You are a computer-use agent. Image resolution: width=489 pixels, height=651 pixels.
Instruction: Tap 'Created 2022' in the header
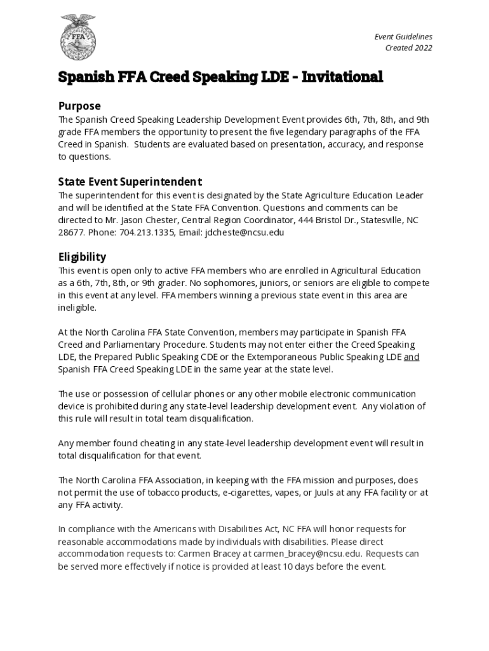(x=408, y=48)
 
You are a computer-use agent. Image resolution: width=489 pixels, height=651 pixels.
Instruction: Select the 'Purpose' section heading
(x=79, y=106)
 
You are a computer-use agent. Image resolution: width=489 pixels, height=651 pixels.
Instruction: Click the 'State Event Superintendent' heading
(x=130, y=182)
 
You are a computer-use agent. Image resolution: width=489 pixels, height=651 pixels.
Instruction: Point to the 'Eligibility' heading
(x=82, y=257)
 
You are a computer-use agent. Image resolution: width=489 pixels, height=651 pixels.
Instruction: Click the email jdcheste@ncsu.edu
(x=245, y=232)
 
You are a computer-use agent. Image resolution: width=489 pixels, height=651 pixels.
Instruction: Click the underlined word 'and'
(x=412, y=357)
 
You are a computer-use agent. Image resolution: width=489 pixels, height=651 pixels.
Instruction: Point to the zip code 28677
(x=70, y=232)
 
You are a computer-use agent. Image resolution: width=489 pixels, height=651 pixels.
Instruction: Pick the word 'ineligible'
(x=77, y=308)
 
